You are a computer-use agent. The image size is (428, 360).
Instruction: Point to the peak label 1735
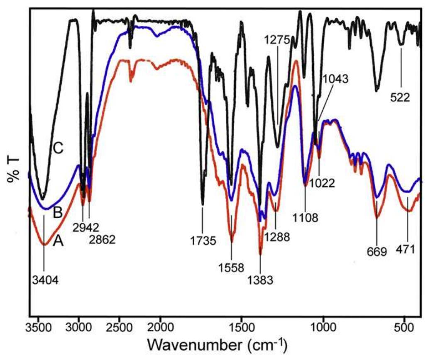(x=202, y=240)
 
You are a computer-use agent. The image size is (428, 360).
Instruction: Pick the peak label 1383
(x=260, y=280)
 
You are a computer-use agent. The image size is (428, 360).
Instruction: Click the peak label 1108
(x=306, y=216)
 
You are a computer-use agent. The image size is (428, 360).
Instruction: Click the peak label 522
(x=401, y=98)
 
